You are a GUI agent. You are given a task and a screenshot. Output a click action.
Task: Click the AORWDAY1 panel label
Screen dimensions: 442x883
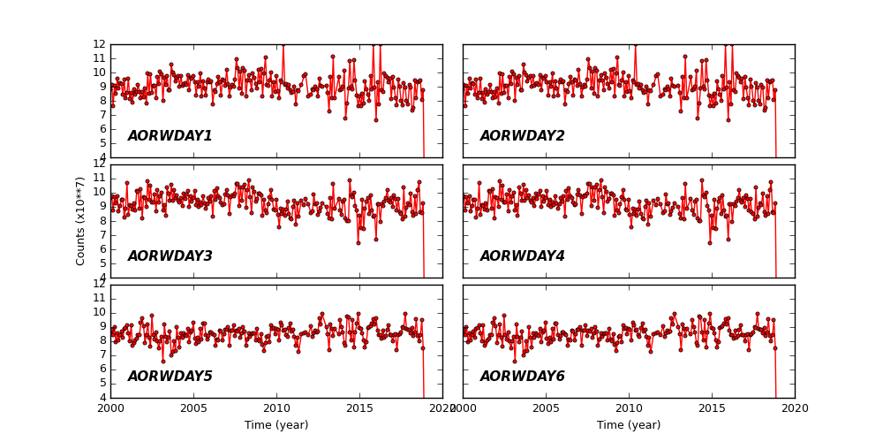click(170, 136)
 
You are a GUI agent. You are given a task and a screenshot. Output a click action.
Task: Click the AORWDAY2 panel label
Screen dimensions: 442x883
click(522, 136)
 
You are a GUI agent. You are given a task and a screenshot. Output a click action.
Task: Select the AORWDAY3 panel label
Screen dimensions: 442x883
click(170, 256)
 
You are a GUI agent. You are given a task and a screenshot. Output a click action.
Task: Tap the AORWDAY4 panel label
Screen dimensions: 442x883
click(522, 256)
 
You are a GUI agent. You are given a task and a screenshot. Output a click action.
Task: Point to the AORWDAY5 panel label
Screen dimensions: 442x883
click(170, 377)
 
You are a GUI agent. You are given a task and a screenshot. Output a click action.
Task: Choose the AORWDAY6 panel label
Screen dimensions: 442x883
click(522, 377)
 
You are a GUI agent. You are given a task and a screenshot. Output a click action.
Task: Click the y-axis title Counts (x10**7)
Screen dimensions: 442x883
click(80, 221)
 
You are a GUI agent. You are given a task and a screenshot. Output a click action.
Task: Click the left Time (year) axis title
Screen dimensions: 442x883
click(276, 425)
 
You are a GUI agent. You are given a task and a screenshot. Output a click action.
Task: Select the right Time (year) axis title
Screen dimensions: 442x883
click(629, 425)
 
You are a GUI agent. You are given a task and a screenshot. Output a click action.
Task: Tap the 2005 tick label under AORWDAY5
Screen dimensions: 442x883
click(193, 409)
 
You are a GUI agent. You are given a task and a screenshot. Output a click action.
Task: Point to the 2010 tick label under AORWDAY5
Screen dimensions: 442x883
click(276, 409)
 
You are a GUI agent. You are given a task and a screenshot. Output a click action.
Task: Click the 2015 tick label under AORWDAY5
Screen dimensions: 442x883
click(359, 409)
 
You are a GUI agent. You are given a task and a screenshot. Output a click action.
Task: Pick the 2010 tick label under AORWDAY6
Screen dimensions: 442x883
click(629, 409)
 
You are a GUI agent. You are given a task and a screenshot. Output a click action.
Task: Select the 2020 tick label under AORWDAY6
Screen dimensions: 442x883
click(794, 409)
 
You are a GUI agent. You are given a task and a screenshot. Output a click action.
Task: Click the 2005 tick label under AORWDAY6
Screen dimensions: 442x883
click(546, 409)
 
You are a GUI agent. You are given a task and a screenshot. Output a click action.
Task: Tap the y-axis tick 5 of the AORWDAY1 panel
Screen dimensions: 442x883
click(102, 143)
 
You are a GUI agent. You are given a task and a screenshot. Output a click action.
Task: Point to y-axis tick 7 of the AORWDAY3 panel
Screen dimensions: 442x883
click(102, 235)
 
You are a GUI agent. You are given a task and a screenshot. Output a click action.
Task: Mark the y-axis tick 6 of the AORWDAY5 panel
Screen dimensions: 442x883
click(102, 370)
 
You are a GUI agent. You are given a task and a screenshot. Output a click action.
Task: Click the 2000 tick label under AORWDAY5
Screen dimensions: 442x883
click(110, 409)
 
